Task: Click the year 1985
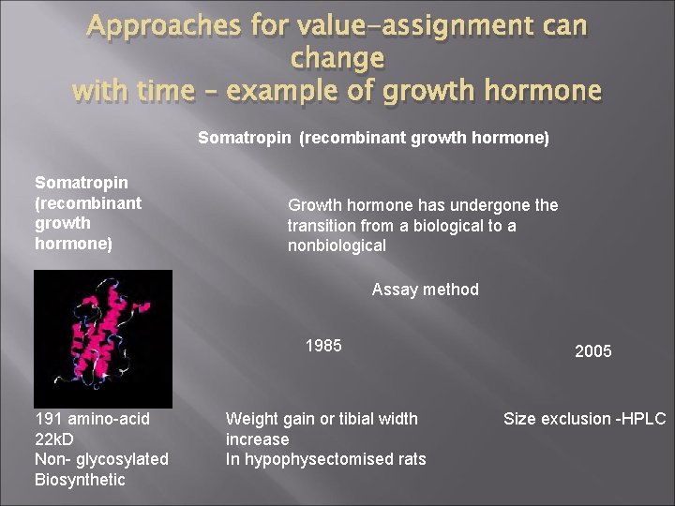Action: tap(323, 346)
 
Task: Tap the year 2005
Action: tap(592, 351)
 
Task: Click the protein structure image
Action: tap(103, 338)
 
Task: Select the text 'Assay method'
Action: tap(425, 290)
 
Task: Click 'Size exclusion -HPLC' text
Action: tap(584, 419)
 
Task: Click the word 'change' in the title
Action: tap(337, 58)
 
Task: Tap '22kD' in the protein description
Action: tap(54, 439)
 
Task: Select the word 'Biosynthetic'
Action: tap(80, 480)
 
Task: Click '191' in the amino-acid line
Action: tap(48, 419)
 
